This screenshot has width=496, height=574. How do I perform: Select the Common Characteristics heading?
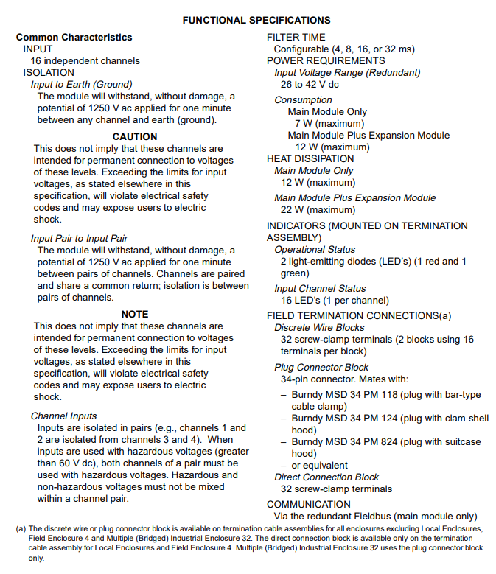74,37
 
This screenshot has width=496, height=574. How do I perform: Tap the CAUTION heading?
135,136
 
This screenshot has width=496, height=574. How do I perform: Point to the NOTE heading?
135,314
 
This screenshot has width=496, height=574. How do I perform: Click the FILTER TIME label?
296,37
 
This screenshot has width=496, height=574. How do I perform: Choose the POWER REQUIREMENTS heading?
326,60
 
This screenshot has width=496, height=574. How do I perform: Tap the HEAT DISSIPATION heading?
310,158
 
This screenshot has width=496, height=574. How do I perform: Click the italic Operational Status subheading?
315,250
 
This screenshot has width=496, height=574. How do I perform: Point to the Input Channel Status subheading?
320,289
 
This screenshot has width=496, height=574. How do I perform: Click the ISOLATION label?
49,73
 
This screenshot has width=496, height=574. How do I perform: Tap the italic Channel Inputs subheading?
63,416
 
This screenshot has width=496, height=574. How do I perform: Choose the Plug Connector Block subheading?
321,367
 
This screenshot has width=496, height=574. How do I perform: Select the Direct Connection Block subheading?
326,477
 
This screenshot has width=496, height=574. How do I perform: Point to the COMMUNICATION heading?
310,505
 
